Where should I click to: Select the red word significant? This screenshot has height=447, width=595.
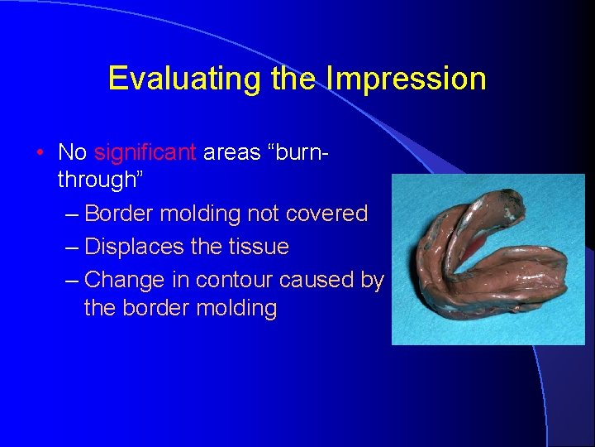(x=145, y=152)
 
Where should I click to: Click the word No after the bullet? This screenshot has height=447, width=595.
(x=73, y=152)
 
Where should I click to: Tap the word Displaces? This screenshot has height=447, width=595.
(x=131, y=247)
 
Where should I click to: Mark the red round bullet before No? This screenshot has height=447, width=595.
(x=40, y=153)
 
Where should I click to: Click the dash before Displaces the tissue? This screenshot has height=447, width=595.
(x=70, y=248)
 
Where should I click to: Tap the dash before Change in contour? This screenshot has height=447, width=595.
(x=70, y=281)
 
